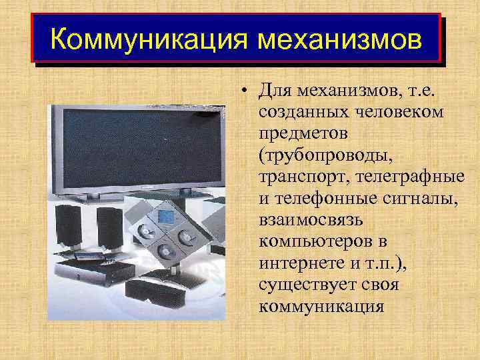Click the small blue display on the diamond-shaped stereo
tap(164, 215)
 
